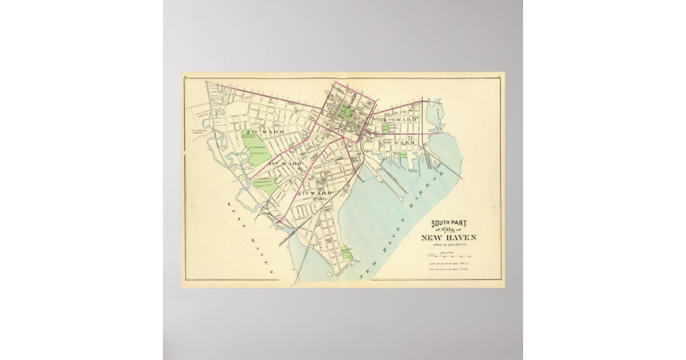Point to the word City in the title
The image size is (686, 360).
(x=451, y=230)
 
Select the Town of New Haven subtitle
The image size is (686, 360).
(x=449, y=245)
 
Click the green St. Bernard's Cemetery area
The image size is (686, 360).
(x=266, y=186)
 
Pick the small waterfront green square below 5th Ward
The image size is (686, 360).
(x=403, y=154)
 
